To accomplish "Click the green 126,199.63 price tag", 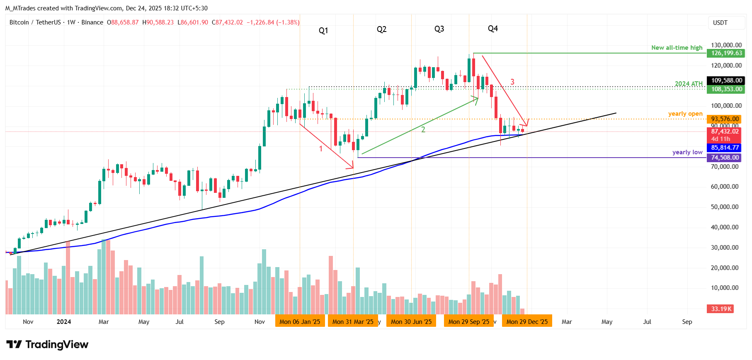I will (726, 53).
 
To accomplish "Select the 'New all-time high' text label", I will (677, 48).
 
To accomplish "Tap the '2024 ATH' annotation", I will (689, 84).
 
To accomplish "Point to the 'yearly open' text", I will (685, 114).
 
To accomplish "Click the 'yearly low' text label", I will (687, 152).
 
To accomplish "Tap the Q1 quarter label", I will (323, 31).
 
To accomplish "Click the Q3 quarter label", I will (439, 29).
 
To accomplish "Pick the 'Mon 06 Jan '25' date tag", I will (300, 321).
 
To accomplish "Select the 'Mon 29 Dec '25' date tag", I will (527, 321).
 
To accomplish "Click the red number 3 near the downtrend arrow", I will (512, 82).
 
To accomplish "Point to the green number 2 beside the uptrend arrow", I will (423, 129).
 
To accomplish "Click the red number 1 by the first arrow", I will (321, 148).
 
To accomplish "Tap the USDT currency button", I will (720, 23).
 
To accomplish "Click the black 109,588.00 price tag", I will (726, 80).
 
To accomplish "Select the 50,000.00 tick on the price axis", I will (724, 207).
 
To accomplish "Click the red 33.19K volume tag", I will (721, 309).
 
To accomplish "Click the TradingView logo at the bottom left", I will (47, 345).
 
